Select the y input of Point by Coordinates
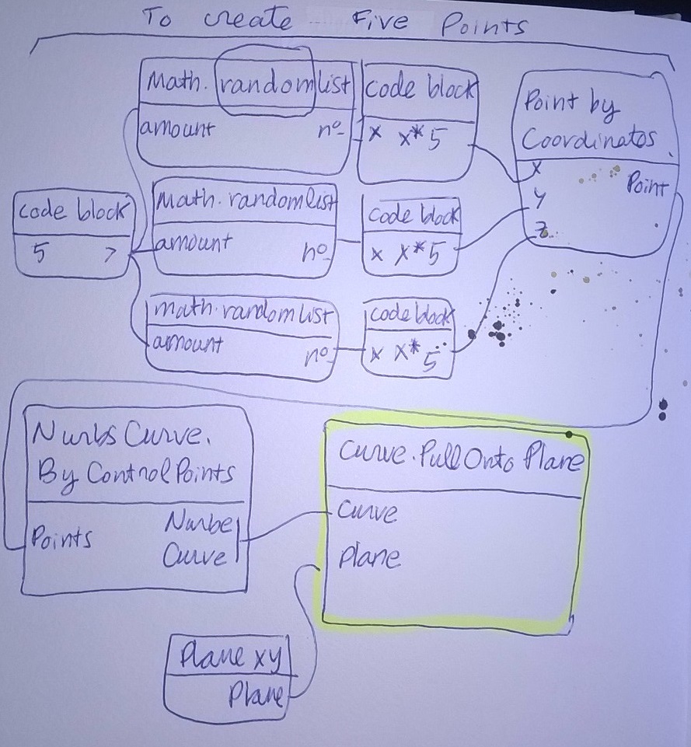[536, 200]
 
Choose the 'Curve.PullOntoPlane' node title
[456, 465]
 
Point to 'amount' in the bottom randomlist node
[185, 343]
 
